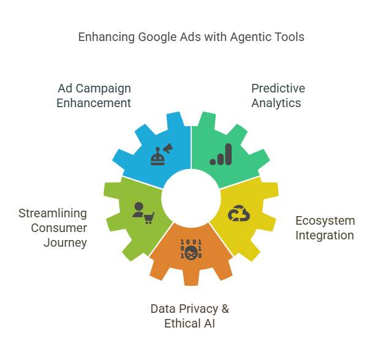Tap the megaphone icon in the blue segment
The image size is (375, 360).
click(168, 148)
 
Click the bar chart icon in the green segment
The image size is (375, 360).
click(221, 154)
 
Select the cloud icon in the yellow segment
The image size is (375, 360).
click(239, 213)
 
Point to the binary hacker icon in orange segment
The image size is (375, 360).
click(191, 249)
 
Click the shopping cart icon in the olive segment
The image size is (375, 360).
click(149, 218)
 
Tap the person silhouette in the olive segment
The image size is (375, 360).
click(138, 210)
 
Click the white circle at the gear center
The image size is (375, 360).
click(191, 198)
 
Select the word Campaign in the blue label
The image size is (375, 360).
click(104, 89)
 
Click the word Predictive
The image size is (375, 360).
click(278, 88)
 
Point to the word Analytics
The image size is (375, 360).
click(276, 103)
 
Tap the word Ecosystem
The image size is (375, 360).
click(325, 221)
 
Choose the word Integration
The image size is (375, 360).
click(325, 236)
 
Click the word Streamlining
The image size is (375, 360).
click(53, 214)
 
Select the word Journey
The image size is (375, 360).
click(66, 243)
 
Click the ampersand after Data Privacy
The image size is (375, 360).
click(225, 309)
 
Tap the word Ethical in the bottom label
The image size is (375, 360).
click(182, 324)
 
